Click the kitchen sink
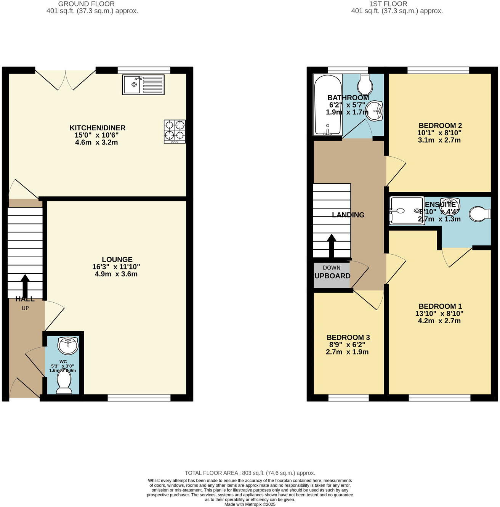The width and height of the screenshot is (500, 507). click(143, 85)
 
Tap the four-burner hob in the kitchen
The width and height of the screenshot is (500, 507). click(175, 132)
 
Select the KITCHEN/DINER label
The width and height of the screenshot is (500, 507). click(97, 128)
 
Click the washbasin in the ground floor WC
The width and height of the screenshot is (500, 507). click(68, 345)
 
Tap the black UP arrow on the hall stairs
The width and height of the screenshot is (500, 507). click(25, 284)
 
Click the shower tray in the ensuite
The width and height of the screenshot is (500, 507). click(406, 210)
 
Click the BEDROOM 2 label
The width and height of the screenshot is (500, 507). click(440, 125)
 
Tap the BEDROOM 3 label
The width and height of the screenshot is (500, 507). click(348, 337)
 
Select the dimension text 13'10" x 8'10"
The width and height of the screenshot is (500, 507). click(439, 314)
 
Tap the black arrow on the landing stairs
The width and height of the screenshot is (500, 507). click(331, 246)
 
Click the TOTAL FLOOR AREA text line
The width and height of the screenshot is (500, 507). click(250, 473)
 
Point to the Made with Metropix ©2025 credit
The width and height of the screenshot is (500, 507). click(250, 504)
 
